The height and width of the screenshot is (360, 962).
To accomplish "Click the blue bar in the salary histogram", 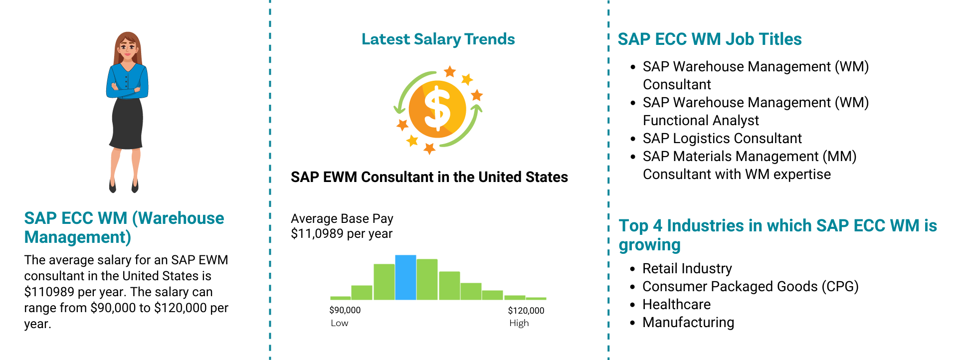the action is pyautogui.click(x=405, y=277).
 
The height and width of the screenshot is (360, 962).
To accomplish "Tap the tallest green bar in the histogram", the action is pyautogui.click(x=427, y=279).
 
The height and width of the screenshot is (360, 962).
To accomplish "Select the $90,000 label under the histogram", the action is pyautogui.click(x=345, y=310).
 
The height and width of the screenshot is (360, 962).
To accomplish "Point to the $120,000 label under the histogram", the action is pyautogui.click(x=526, y=310).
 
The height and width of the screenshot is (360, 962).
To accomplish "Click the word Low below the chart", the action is pyautogui.click(x=340, y=323).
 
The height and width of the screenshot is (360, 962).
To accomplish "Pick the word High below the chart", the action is pyautogui.click(x=519, y=323).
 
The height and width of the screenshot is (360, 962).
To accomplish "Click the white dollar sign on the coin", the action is pyautogui.click(x=437, y=109).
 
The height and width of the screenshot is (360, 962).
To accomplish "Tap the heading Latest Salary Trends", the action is pyautogui.click(x=438, y=39).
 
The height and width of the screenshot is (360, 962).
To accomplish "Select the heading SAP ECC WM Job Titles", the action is pyautogui.click(x=710, y=39).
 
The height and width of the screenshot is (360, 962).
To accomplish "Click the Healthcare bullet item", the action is pyautogui.click(x=676, y=304).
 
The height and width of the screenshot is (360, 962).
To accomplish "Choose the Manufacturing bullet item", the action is pyautogui.click(x=688, y=323).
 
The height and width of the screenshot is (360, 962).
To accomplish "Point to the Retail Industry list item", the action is pyautogui.click(x=687, y=269).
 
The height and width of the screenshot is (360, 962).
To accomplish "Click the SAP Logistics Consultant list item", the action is pyautogui.click(x=722, y=138).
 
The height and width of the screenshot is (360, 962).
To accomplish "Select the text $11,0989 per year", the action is pyautogui.click(x=342, y=233).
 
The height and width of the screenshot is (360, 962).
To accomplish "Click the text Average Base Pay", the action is pyautogui.click(x=342, y=218).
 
